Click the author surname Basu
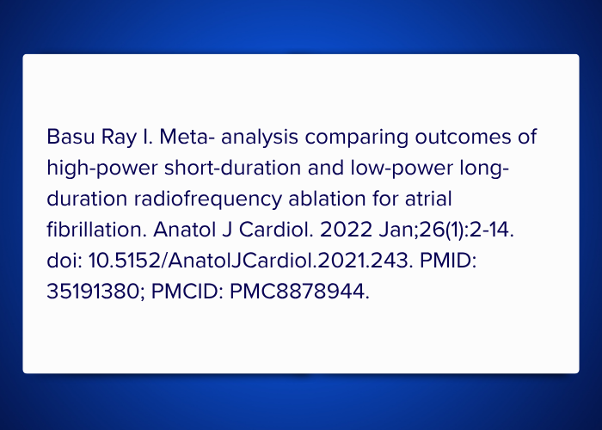(x=71, y=137)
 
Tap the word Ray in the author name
(x=119, y=138)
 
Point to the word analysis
(x=260, y=138)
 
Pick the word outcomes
(x=463, y=138)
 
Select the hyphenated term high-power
(x=102, y=169)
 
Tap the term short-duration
(x=233, y=168)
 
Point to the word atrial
(x=428, y=199)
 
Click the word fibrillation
(x=96, y=230)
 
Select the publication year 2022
(x=346, y=230)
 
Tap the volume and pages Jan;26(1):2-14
(x=446, y=230)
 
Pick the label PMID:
(x=448, y=261)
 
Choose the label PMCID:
(x=187, y=292)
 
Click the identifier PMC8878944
(x=299, y=292)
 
